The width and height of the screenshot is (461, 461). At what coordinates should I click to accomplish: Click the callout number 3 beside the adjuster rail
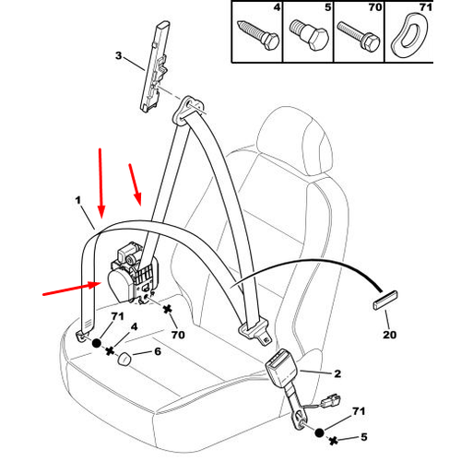click(119, 56)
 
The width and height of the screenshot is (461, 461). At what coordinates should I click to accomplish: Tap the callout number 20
click(389, 335)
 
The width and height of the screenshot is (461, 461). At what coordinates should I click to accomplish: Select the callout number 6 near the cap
click(158, 351)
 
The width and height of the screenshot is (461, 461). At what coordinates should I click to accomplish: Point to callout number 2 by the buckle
click(337, 373)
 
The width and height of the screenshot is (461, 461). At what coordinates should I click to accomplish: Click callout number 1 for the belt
click(78, 200)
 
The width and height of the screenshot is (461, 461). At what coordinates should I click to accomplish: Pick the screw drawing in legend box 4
click(258, 36)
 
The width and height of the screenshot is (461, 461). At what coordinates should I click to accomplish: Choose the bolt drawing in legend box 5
click(309, 35)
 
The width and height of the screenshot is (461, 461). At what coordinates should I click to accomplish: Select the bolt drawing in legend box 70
click(359, 36)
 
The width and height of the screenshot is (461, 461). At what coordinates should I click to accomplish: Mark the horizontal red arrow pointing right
click(72, 290)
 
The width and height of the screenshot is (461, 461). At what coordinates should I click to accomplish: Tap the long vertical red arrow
click(100, 183)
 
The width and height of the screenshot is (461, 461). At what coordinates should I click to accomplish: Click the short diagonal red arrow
click(135, 184)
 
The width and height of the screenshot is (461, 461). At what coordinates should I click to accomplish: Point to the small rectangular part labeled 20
click(385, 301)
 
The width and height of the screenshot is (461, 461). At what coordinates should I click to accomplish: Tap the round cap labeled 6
click(124, 359)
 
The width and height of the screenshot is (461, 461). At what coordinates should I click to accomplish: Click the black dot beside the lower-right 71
click(320, 432)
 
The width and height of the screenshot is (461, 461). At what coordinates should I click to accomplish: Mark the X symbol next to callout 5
click(334, 441)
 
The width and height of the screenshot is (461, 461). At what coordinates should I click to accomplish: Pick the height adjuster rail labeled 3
click(155, 66)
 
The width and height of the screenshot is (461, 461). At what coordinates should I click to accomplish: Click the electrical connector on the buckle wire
click(331, 401)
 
